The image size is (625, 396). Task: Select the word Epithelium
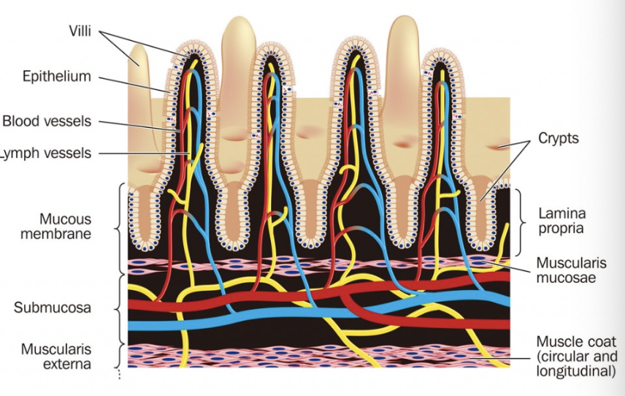pos(56,76)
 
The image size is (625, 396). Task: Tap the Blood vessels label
pos(47,121)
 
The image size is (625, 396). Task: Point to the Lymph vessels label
pos(47,153)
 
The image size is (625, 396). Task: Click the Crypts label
pos(558,137)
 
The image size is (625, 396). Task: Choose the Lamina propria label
pos(562,221)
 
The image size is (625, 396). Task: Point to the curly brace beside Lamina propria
pos(521,221)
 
